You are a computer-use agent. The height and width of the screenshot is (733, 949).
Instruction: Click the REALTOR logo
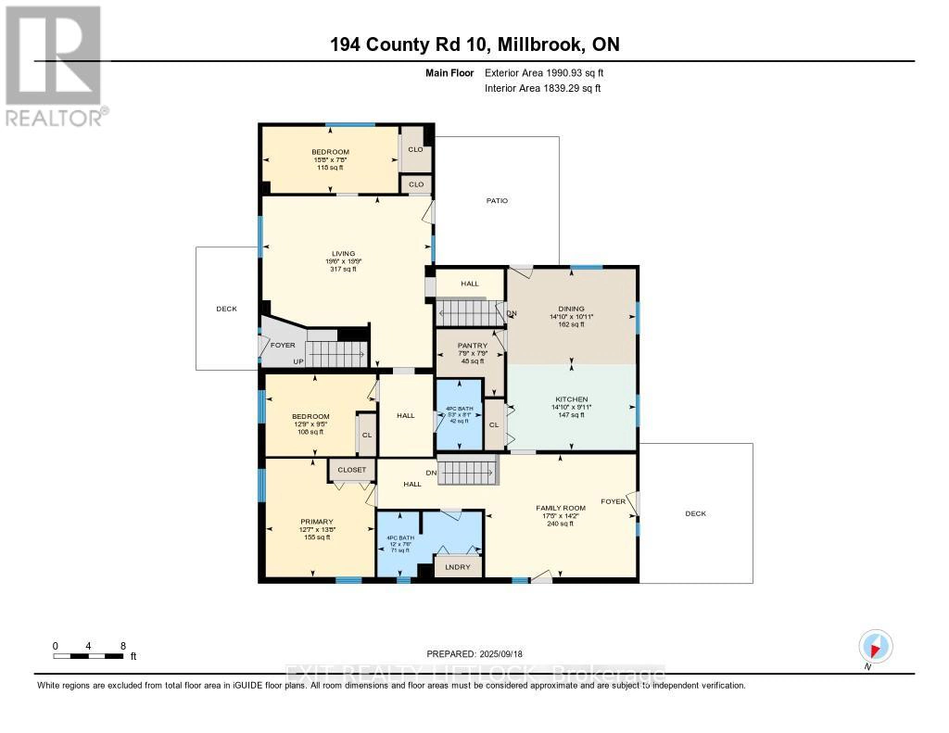(x=54, y=65)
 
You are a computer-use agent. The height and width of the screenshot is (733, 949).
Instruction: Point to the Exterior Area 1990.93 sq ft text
(x=544, y=72)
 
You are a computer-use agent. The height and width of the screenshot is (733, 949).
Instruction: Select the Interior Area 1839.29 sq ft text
(x=543, y=88)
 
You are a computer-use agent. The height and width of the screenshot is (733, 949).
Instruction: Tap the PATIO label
(x=498, y=200)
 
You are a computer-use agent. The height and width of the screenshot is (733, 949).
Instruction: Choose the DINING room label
(x=571, y=310)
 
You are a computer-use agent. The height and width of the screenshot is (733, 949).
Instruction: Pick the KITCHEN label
(x=571, y=399)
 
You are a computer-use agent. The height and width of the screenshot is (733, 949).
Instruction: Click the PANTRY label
(x=473, y=346)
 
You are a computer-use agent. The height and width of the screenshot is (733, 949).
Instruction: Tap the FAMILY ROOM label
(x=561, y=508)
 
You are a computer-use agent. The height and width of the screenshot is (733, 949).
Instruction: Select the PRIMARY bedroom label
(x=316, y=521)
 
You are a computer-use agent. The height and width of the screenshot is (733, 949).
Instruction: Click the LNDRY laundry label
(x=458, y=566)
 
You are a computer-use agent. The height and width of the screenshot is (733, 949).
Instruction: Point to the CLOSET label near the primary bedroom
(x=352, y=470)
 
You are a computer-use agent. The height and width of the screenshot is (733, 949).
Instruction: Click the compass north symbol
(x=875, y=645)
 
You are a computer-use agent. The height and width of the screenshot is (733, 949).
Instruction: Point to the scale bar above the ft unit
(x=89, y=656)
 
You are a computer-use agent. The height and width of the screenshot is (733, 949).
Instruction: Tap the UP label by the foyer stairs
(x=298, y=361)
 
